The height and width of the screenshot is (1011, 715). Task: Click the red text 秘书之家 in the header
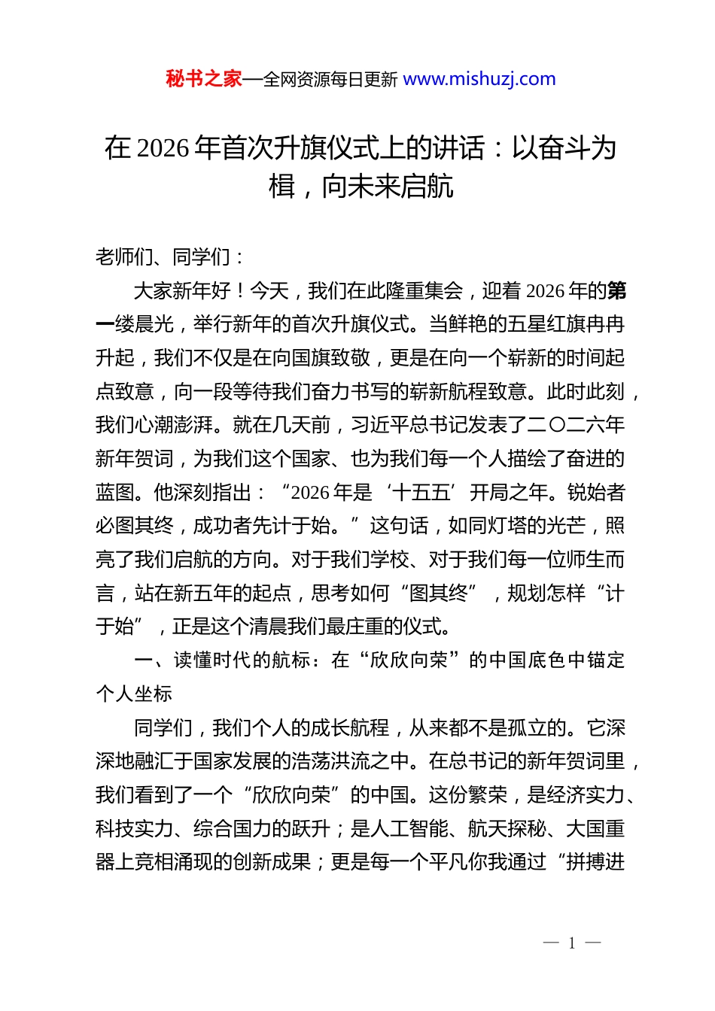click(x=203, y=79)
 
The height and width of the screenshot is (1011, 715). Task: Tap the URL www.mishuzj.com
click(x=479, y=79)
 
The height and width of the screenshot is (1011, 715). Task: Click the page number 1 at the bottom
click(x=572, y=943)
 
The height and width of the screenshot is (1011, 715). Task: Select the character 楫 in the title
click(x=282, y=186)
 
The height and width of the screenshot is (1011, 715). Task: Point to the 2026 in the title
click(x=163, y=148)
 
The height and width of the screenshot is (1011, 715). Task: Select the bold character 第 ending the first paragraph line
click(x=616, y=291)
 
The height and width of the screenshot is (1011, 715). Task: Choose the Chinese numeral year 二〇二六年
click(x=576, y=425)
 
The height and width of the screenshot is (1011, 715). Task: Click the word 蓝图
click(x=115, y=493)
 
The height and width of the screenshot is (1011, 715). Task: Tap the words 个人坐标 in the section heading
click(x=134, y=694)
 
